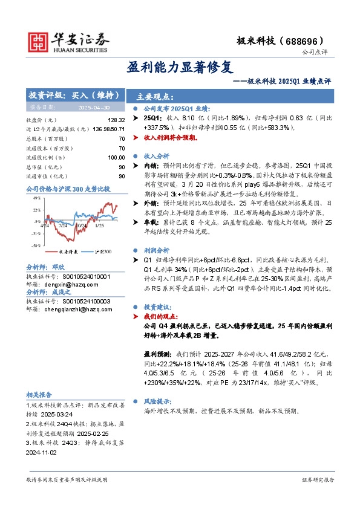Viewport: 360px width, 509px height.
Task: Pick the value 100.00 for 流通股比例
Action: click(116, 157)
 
